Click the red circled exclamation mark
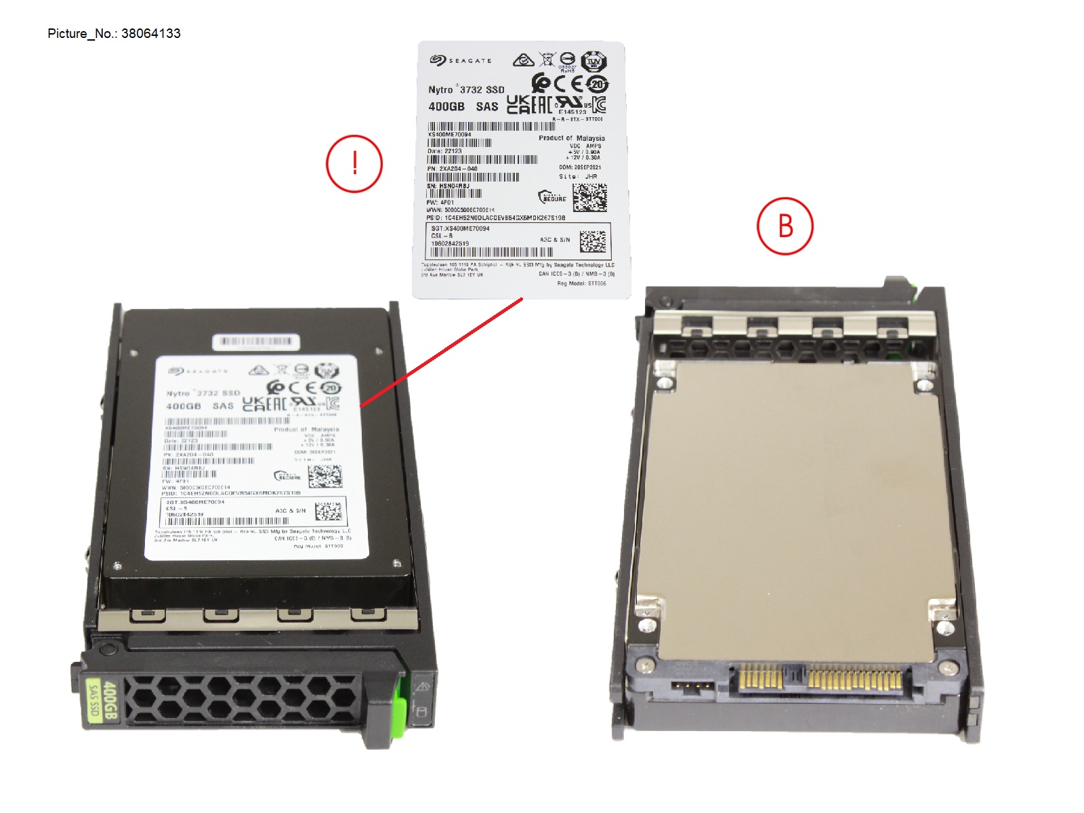pos(354,164)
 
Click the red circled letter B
pos(785,226)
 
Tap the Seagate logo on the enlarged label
pos(461,61)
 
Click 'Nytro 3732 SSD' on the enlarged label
pos(466,89)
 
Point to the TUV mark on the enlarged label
pos(593,61)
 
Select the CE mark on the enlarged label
pos(568,83)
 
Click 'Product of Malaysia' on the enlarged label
pos(571,138)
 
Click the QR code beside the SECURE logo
pos(589,197)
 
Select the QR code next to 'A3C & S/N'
pos(593,241)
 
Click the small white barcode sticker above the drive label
pos(256,341)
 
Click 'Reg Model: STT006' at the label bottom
pos(581,284)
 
